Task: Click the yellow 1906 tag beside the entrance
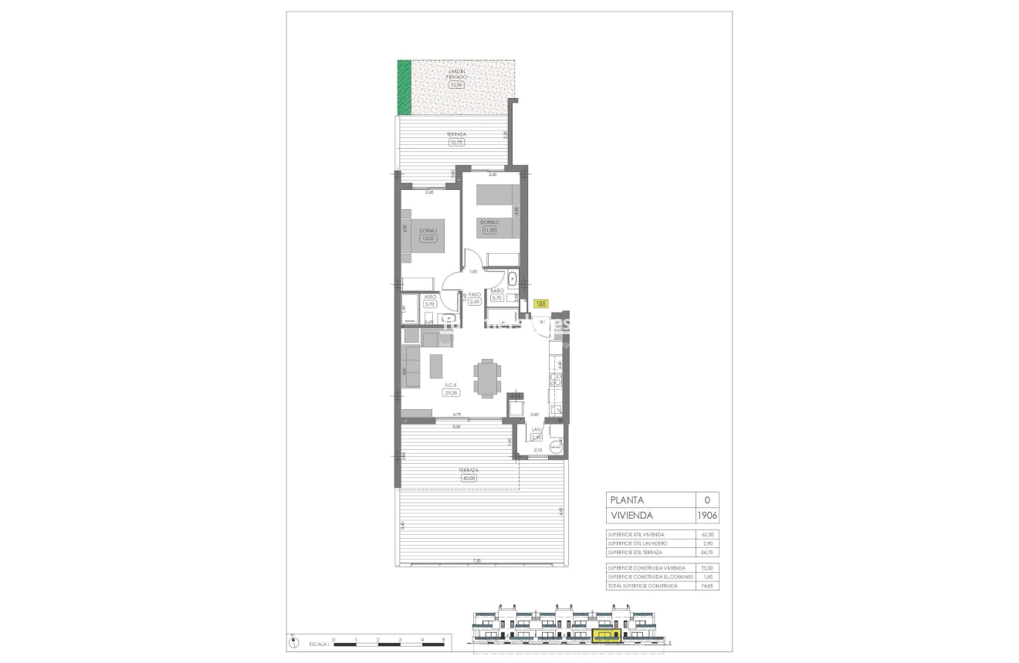[x=541, y=304]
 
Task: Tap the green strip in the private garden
[x=404, y=87]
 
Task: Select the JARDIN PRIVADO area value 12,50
[x=456, y=85]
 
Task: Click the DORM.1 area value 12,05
[x=428, y=238]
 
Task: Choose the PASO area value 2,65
[x=475, y=302]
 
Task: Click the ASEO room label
[x=430, y=296]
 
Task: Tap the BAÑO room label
[x=498, y=290]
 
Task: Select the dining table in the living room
[x=487, y=378]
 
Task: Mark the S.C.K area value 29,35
[x=451, y=392]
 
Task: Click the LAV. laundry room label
[x=537, y=429]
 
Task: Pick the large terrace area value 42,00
[x=468, y=478]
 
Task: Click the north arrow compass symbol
[x=293, y=641]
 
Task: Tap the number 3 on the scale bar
[x=400, y=640]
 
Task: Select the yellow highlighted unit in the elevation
[x=605, y=635]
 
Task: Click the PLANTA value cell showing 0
[x=707, y=500]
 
